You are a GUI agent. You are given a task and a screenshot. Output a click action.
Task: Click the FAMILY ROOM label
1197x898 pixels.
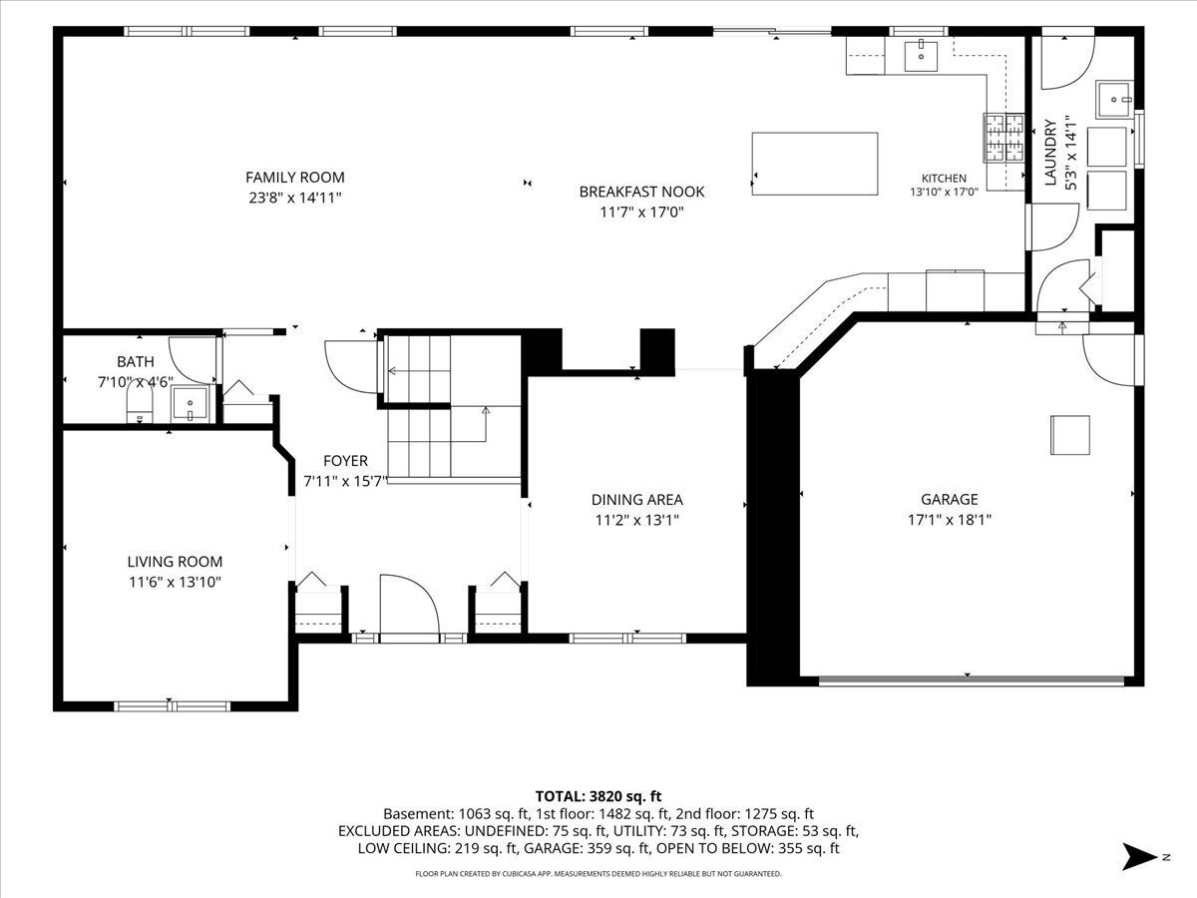pyautogui.click(x=295, y=178)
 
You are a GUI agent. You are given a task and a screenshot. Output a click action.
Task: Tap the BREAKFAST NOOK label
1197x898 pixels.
pyautogui.click(x=641, y=192)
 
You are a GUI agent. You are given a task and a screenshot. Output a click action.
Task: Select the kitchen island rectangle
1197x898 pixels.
pyautogui.click(x=815, y=164)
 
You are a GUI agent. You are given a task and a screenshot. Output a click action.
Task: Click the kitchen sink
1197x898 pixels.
pyautogui.click(x=921, y=56)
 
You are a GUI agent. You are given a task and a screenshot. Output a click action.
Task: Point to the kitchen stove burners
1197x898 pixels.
pyautogui.click(x=1003, y=138)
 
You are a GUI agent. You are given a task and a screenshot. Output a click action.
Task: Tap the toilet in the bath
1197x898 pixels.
pyautogui.click(x=140, y=402)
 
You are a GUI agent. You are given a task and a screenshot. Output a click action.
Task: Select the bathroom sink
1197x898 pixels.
pyautogui.click(x=190, y=403)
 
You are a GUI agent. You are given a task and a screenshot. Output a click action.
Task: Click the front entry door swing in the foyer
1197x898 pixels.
pyautogui.click(x=410, y=604)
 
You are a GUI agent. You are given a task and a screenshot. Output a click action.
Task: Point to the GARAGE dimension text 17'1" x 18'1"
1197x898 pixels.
pyautogui.click(x=950, y=520)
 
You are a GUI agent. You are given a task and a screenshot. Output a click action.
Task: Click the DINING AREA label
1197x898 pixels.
pyautogui.click(x=637, y=500)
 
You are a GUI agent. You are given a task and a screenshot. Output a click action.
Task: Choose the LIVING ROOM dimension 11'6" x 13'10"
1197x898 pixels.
pyautogui.click(x=175, y=583)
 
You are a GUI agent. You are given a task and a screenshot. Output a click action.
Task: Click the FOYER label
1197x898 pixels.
pyautogui.click(x=346, y=461)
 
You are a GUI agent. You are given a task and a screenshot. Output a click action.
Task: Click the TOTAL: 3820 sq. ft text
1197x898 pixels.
pyautogui.click(x=598, y=796)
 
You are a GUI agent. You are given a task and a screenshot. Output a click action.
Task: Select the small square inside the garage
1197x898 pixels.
pyautogui.click(x=1070, y=435)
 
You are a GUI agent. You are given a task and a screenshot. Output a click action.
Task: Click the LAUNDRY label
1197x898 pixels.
pyautogui.click(x=1050, y=153)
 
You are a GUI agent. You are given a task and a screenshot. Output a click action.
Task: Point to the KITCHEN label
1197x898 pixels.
pyautogui.click(x=944, y=179)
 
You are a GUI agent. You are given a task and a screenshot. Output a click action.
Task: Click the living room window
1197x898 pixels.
pyautogui.click(x=172, y=706)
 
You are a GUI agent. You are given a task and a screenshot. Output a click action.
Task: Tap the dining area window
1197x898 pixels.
pyautogui.click(x=627, y=638)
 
